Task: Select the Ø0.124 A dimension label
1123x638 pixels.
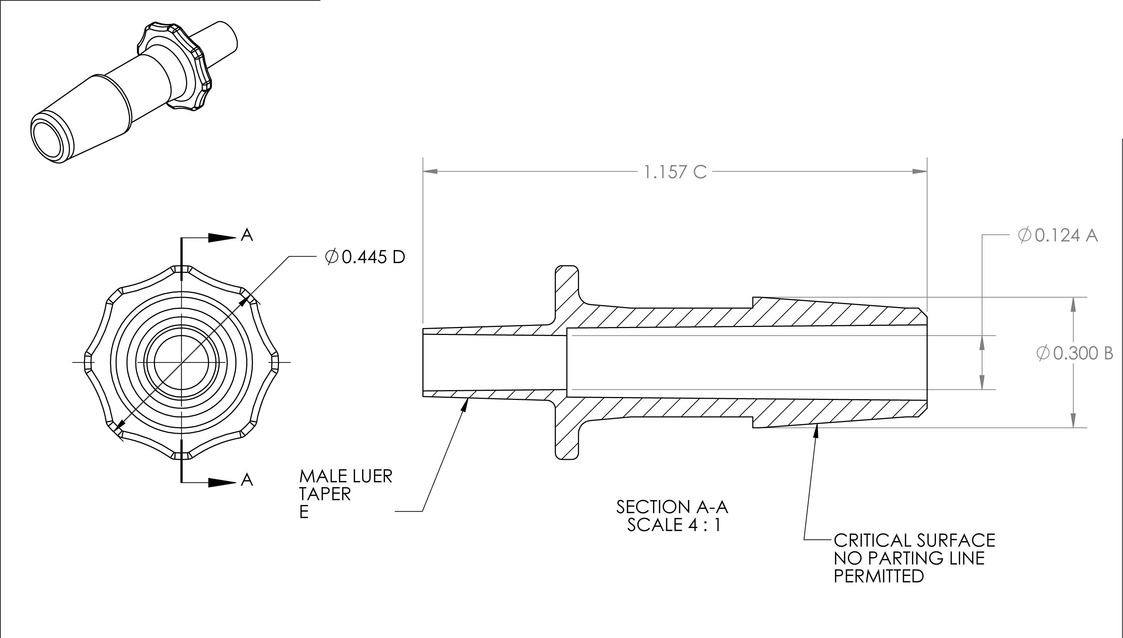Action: coord(1057,236)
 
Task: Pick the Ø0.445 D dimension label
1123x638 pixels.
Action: coord(365,257)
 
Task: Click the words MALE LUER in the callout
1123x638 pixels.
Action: coord(345,476)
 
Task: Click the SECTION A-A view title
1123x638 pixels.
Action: coord(672,507)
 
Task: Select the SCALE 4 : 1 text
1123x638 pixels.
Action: coord(673,524)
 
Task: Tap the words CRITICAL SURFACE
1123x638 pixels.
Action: coord(914,540)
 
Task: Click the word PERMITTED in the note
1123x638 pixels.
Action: coord(878,576)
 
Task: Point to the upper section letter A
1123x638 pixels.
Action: coord(247,236)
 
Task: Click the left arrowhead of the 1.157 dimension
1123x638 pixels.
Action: coord(431,171)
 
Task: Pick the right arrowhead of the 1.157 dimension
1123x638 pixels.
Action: coord(920,171)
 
